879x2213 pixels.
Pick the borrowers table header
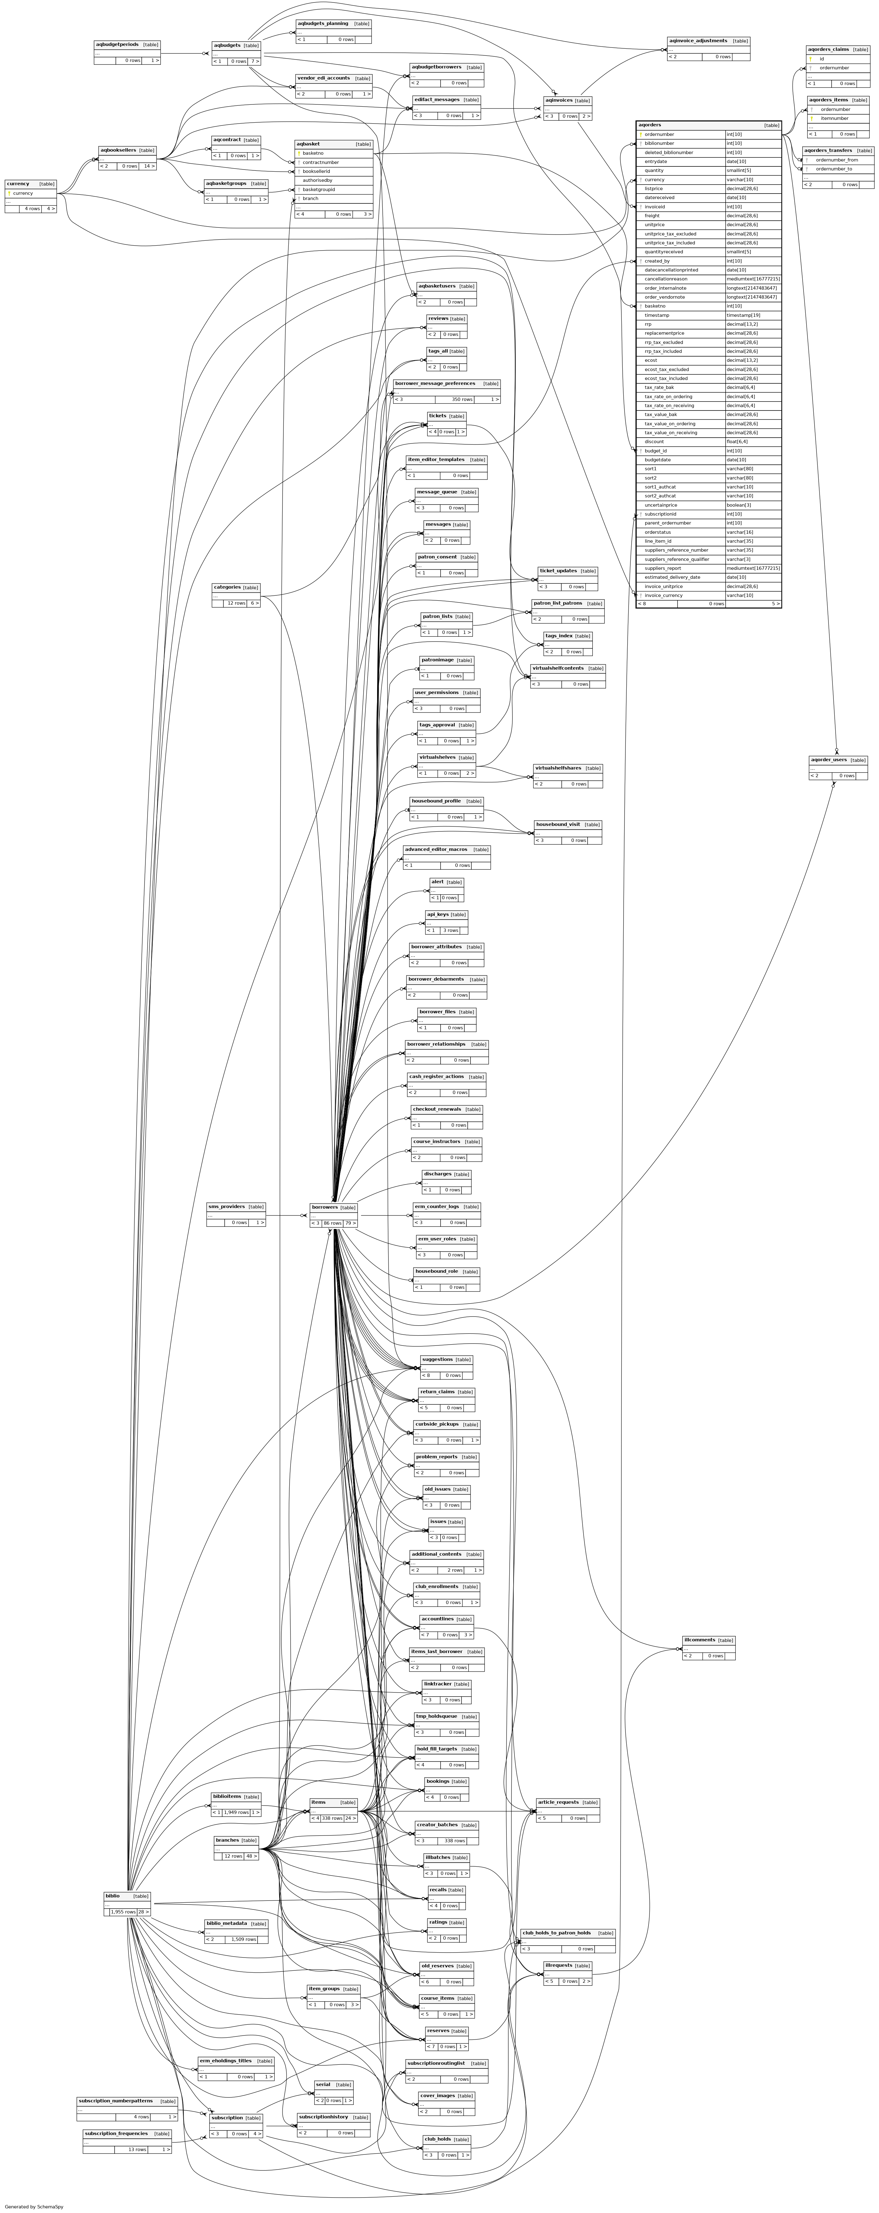click(x=325, y=1207)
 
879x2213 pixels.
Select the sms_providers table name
click(x=227, y=1206)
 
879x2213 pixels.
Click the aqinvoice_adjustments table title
click(x=698, y=40)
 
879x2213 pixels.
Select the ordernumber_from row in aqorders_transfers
click(x=836, y=160)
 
